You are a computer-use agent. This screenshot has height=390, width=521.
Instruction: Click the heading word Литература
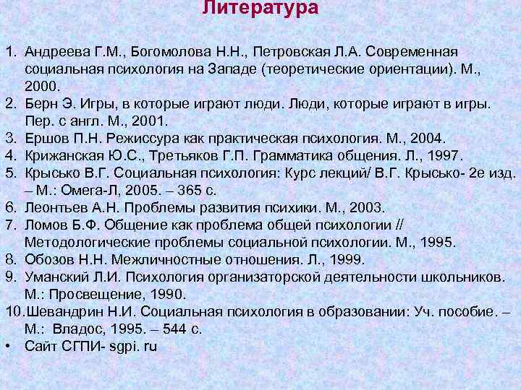click(x=260, y=9)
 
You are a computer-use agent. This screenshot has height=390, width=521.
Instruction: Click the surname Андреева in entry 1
click(x=54, y=53)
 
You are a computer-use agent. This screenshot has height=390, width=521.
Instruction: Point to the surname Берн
click(x=40, y=103)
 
